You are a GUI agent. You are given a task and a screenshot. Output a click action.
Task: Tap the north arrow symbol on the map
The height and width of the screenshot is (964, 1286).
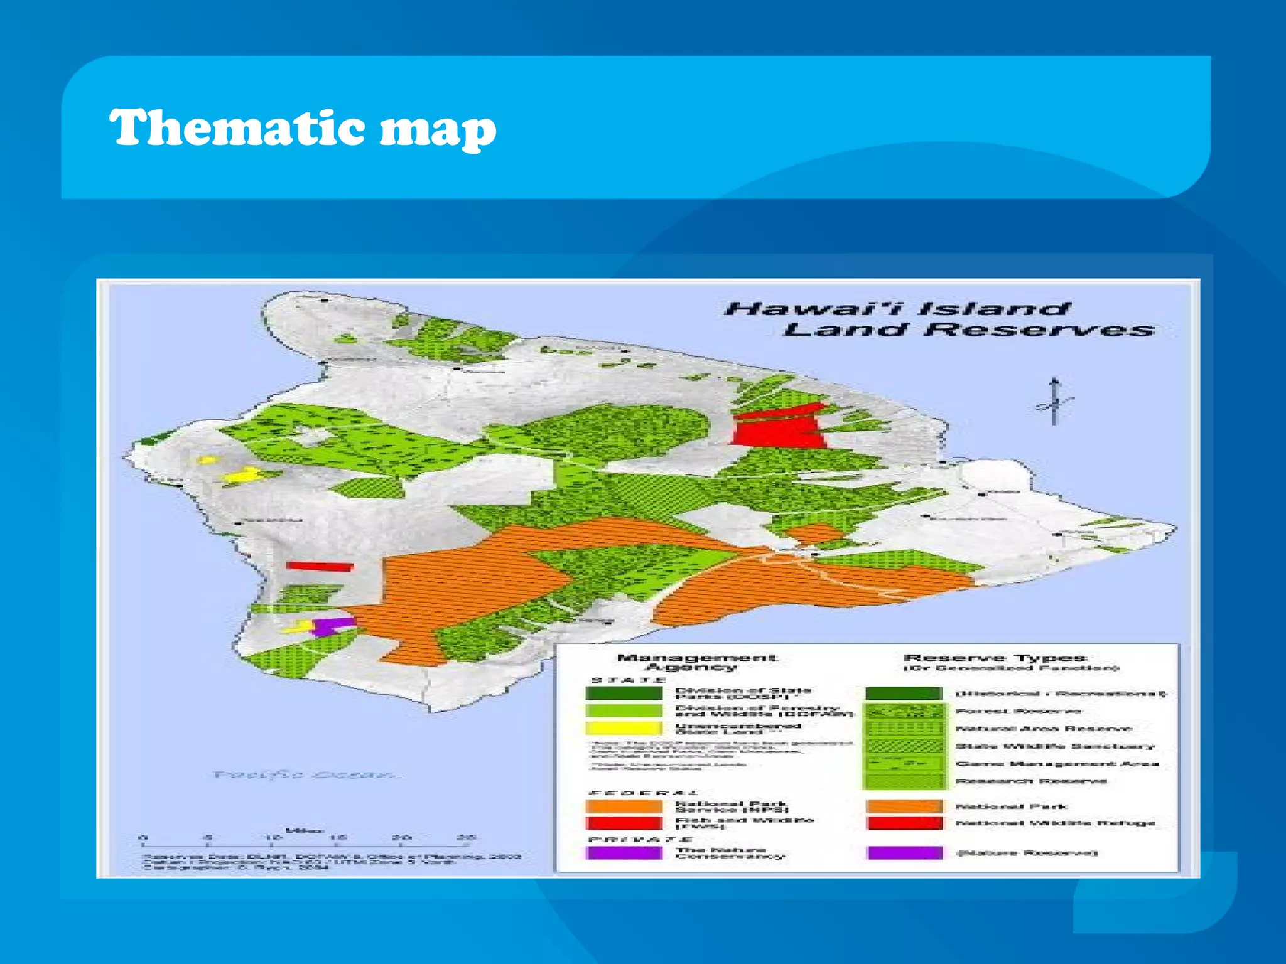point(1055,402)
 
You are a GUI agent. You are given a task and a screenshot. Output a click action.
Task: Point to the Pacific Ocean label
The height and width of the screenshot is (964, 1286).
point(306,774)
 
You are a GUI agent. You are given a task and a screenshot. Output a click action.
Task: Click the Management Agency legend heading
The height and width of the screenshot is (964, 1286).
point(696,662)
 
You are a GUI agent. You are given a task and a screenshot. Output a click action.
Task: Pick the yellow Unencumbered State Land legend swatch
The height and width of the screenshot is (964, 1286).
point(624,729)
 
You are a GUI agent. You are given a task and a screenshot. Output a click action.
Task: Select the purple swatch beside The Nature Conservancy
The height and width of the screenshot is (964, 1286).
point(624,853)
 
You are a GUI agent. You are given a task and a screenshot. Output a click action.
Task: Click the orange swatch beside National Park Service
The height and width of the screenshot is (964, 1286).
point(624,806)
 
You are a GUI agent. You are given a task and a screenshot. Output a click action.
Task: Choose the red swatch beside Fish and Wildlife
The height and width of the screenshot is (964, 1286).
point(624,823)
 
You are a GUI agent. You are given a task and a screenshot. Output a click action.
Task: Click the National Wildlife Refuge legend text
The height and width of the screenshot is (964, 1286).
point(1056,823)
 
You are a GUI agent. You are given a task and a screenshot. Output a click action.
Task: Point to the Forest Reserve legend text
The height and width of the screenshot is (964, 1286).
point(1018,711)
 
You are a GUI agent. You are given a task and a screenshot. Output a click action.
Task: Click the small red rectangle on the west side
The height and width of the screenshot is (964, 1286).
point(320,567)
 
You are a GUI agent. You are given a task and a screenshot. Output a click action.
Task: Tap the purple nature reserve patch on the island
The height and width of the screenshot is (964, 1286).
point(332,626)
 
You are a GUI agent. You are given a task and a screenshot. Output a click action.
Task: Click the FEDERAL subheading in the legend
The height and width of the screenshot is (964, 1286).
point(643,793)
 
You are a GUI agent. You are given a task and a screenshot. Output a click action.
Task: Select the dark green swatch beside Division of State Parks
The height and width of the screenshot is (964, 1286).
point(624,694)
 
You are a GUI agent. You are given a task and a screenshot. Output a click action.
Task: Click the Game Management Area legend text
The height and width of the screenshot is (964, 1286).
point(1057,764)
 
